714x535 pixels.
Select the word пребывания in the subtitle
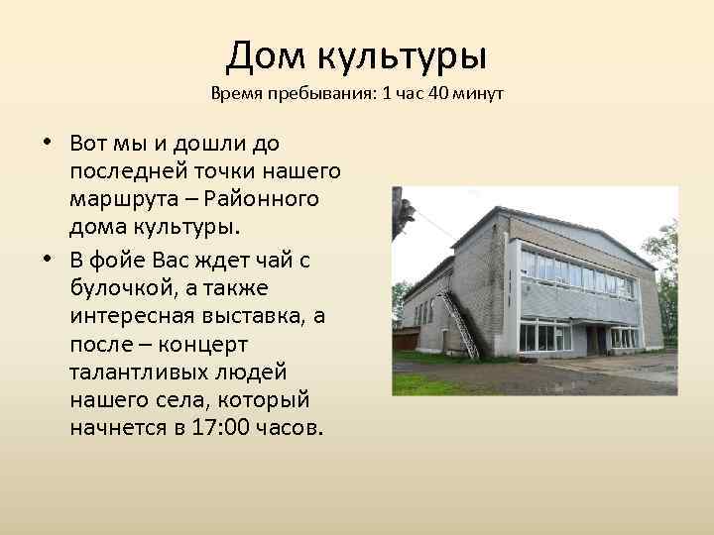(316, 95)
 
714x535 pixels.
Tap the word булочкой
(127, 287)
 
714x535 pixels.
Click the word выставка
(246, 315)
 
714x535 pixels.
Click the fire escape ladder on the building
(460, 321)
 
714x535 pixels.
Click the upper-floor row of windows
(575, 272)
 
